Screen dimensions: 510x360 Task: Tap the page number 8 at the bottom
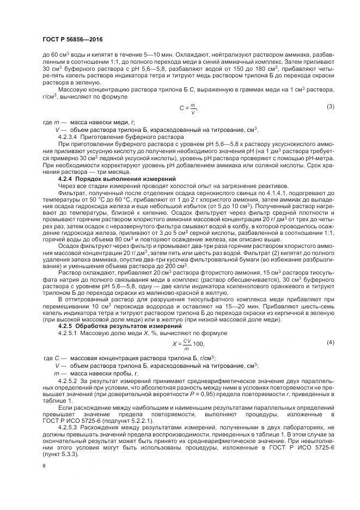[x=44, y=465]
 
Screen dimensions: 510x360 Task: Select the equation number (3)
[x=330, y=106]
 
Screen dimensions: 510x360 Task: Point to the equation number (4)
[x=330, y=342]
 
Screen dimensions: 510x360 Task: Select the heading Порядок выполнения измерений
[x=125, y=179]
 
